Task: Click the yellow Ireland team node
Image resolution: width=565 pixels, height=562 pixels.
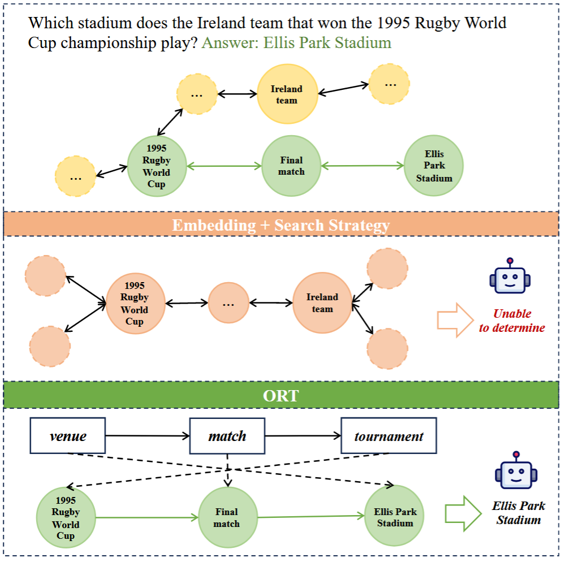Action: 287,94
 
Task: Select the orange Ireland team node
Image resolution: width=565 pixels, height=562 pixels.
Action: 322,302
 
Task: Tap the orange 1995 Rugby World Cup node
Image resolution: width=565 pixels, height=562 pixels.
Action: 136,304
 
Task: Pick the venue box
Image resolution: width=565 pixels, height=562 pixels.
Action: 68,435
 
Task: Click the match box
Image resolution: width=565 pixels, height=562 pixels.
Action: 227,435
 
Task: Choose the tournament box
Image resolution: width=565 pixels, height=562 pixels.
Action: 389,435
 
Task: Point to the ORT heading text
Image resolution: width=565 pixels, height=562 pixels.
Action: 281,396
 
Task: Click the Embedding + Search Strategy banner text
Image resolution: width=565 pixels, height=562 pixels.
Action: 281,225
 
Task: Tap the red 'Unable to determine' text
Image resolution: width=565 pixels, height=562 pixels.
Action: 512,321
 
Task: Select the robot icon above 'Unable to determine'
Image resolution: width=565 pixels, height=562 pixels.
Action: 510,275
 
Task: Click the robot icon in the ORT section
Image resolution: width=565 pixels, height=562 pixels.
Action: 516,470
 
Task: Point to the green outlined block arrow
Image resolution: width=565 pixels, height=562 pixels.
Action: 463,513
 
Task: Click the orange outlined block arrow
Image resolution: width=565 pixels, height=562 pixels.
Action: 455,320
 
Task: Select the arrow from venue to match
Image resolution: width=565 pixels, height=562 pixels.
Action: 148,436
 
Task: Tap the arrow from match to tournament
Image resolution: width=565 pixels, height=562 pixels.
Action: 303,436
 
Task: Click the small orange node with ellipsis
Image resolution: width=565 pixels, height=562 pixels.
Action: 228,302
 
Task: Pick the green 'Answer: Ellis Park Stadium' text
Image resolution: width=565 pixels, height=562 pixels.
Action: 296,42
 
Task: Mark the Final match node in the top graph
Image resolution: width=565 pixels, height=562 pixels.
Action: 291,166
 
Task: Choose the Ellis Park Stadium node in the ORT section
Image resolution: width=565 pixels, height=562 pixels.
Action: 395,516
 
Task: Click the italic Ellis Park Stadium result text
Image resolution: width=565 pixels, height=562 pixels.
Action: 519,513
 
